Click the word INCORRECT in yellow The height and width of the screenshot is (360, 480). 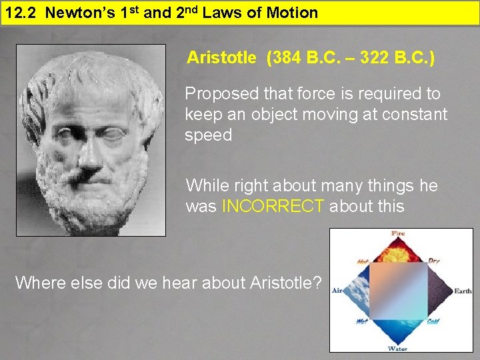(x=273, y=206)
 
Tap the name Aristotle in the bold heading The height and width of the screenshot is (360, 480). (x=221, y=58)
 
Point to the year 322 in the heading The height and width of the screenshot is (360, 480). (x=373, y=58)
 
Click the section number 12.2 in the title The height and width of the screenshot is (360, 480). (x=17, y=12)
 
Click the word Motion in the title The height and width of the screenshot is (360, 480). (x=291, y=12)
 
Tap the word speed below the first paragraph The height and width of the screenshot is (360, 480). (x=208, y=135)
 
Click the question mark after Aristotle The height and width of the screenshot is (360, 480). (x=317, y=283)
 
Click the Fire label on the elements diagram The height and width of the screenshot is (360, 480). (x=398, y=234)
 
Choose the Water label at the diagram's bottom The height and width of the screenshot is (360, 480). (x=398, y=349)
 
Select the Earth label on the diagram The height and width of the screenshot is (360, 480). (x=463, y=291)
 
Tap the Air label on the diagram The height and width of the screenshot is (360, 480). (x=337, y=291)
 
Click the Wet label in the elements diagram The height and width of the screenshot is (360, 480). (x=362, y=321)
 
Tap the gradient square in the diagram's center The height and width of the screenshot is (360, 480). (x=398, y=291)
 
